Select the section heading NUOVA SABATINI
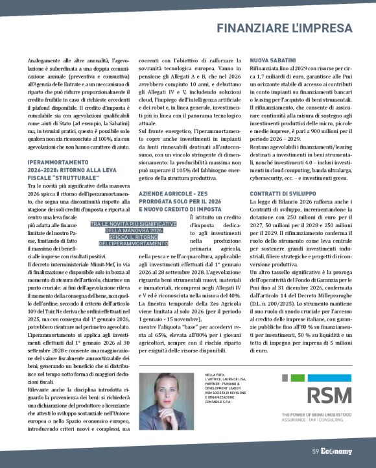[x=274, y=59]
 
